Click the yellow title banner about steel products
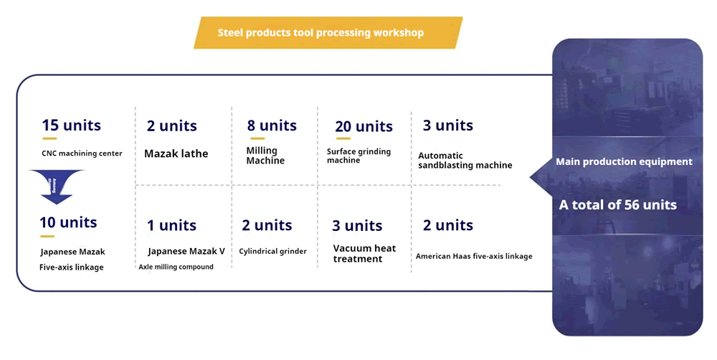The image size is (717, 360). (328, 33)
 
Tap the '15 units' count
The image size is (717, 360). (71, 125)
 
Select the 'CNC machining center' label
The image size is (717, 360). (82, 153)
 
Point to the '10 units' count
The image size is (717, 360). (68, 223)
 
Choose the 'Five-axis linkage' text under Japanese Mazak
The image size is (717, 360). (72, 267)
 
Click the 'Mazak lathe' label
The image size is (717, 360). (176, 153)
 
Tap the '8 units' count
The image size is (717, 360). (272, 125)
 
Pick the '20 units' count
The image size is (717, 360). (364, 127)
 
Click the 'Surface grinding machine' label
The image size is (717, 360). (358, 156)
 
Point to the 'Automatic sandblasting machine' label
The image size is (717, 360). (465, 161)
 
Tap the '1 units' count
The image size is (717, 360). (171, 226)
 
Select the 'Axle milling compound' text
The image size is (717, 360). (176, 267)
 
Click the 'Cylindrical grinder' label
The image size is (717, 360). (272, 252)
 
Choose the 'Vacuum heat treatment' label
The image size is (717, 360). (364, 254)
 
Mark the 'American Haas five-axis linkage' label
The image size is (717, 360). (474, 256)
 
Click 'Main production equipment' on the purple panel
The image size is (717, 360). (624, 162)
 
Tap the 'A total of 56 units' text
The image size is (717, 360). (618, 205)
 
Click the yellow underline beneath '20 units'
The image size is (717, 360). (343, 139)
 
